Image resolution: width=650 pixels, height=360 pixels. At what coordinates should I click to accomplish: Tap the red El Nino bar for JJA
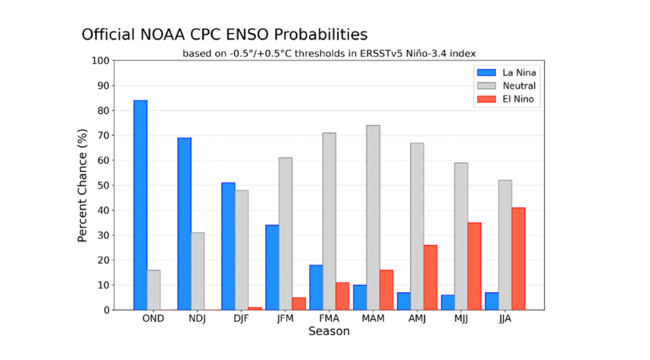pos(518,258)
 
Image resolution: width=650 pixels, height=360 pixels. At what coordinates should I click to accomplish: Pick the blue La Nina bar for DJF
pos(228,246)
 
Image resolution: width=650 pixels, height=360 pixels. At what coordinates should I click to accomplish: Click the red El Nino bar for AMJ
pos(430,277)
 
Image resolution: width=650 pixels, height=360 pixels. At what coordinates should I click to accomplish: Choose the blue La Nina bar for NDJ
pos(184,223)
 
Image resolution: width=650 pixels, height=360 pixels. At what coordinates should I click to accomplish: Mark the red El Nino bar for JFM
pos(298,303)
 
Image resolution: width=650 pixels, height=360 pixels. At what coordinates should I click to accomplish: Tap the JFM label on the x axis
pos(285,319)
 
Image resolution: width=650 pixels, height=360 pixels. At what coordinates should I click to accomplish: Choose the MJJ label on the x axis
pos(461,319)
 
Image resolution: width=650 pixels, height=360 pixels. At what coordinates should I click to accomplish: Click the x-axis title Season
pos(329,331)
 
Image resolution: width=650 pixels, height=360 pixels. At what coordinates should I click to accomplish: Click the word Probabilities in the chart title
pos(318,34)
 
